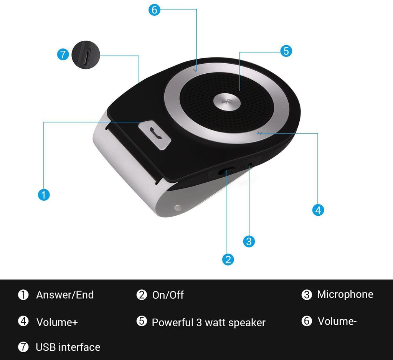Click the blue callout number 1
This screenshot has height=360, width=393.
tap(44, 195)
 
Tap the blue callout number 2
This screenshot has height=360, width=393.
tap(228, 259)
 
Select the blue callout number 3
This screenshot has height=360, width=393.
tap(249, 241)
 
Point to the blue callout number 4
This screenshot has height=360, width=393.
tap(318, 210)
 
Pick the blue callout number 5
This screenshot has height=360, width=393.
tap(286, 51)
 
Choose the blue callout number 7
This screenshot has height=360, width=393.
tap(63, 54)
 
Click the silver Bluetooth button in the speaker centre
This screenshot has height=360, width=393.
tap(226, 102)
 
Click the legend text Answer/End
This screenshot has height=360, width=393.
tap(65, 295)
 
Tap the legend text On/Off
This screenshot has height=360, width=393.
tap(168, 295)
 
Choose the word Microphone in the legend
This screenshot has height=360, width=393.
tap(345, 294)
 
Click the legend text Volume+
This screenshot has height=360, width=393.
tap(57, 322)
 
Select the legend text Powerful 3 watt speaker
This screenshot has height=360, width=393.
tap(208, 322)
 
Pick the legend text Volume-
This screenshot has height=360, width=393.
tap(337, 321)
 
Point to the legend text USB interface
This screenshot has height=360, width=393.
tap(68, 347)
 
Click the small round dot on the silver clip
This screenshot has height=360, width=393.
tap(177, 208)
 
